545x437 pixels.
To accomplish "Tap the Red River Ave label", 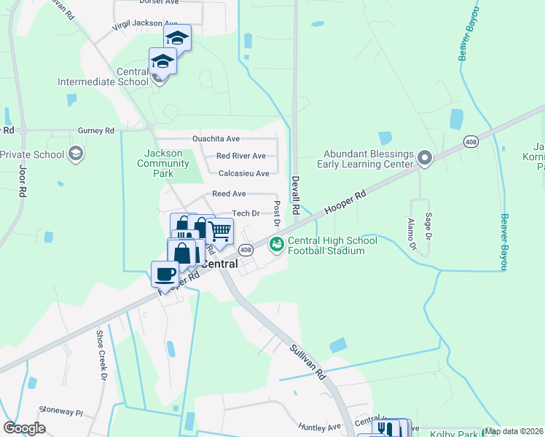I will click(241, 156).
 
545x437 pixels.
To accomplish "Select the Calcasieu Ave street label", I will click(244, 173).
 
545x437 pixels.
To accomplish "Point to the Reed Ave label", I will click(229, 194).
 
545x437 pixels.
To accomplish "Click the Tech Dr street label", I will click(246, 213).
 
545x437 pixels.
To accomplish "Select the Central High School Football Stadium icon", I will click(276, 244).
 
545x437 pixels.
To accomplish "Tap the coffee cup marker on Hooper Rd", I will click(165, 275).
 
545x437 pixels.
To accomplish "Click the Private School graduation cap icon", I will click(75, 154).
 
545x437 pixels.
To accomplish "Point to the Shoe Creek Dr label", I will click(101, 355).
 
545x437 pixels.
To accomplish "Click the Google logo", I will click(25, 428).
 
